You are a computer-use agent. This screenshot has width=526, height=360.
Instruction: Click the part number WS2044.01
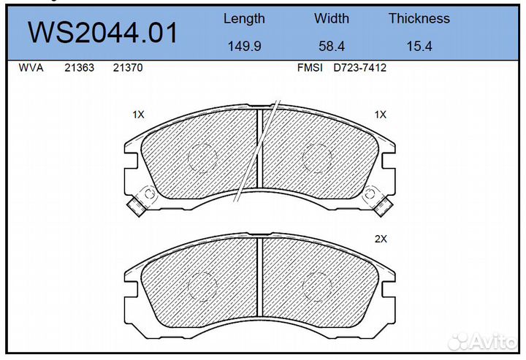click(102, 33)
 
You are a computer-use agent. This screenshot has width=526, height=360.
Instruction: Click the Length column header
click(244, 19)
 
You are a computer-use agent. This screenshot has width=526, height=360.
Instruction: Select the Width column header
click(332, 18)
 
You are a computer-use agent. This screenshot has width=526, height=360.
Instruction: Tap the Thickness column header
click(419, 18)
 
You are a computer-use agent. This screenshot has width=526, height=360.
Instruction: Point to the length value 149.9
click(244, 46)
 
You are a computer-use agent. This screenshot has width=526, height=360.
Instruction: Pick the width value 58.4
click(332, 46)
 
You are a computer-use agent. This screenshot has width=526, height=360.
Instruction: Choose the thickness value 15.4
click(419, 46)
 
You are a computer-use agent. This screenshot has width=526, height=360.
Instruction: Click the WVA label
click(31, 68)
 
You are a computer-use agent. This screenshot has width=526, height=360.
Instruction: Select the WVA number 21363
click(79, 68)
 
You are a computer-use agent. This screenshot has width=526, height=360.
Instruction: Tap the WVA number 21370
click(128, 68)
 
